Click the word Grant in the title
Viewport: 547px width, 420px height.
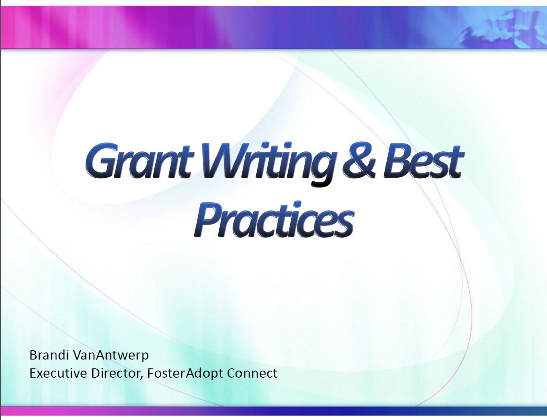140,161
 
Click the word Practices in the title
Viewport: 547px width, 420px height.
274,219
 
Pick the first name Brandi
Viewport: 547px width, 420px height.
49,355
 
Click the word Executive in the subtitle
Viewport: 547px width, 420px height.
58,373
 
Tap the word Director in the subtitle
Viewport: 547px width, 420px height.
115,373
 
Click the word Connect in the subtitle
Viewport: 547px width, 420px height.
252,373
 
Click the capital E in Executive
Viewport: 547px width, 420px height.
33,373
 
